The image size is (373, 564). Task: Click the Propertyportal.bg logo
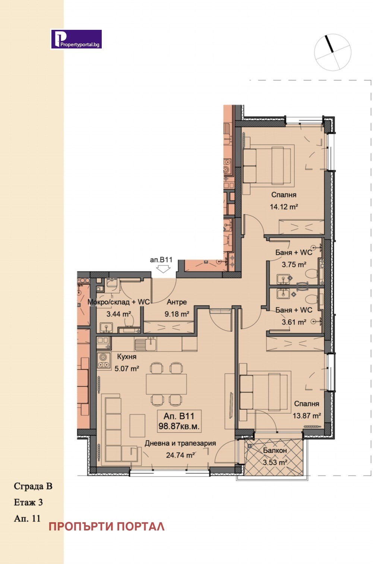[76, 39]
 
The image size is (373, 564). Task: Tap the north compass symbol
[332, 52]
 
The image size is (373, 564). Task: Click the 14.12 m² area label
[284, 207]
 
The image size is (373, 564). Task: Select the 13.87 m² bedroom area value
[307, 416]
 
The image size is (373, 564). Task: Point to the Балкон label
[275, 450]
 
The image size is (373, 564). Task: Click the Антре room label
[177, 302]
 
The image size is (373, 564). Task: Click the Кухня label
[127, 356]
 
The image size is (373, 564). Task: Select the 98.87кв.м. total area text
[179, 426]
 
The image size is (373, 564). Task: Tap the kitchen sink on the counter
[145, 344]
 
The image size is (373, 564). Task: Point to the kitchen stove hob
[104, 361]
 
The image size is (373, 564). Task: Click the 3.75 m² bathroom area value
[294, 265]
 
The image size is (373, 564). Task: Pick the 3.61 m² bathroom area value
[294, 322]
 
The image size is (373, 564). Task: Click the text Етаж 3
[28, 502]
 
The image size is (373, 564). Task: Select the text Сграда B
[33, 486]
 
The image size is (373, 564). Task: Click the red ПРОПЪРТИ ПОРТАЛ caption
[107, 527]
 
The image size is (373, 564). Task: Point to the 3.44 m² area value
[118, 314]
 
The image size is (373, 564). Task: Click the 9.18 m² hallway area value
[177, 314]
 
